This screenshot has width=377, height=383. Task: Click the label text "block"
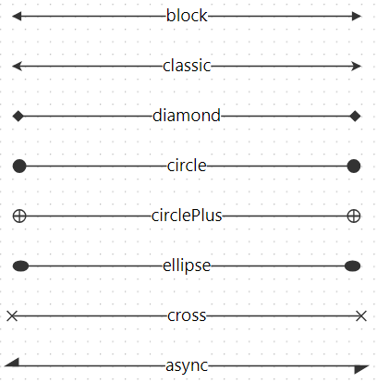click(187, 16)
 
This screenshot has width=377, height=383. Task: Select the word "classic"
click(187, 66)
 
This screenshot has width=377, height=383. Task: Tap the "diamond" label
click(187, 116)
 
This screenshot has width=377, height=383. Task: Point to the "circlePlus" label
click(187, 216)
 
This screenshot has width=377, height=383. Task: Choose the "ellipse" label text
click(187, 266)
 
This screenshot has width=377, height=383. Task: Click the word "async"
click(187, 365)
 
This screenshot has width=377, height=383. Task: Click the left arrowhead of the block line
click(17, 16)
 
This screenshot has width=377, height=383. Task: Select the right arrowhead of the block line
click(357, 16)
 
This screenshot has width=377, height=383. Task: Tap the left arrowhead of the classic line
click(17, 66)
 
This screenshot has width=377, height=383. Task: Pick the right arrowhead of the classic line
click(357, 66)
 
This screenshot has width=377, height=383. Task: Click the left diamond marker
click(18, 117)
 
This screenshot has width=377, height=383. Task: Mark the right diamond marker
click(355, 117)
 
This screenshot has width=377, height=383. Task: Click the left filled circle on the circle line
click(19, 167)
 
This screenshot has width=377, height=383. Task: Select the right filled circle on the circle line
click(354, 167)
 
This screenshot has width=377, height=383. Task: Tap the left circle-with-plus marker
click(19, 216)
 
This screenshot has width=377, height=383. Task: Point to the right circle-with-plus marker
click(354, 216)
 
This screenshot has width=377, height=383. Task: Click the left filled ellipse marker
click(20, 266)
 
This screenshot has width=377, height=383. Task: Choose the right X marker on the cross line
click(361, 316)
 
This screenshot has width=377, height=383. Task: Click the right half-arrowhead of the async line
click(360, 369)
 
